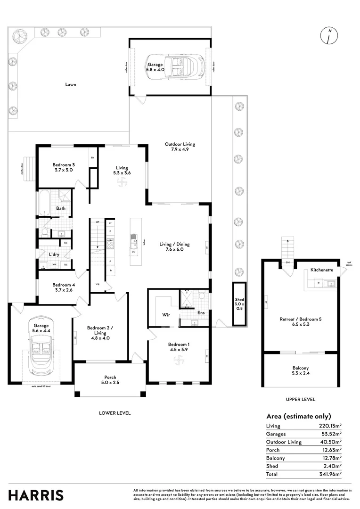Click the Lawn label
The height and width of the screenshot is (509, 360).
click(x=71, y=85)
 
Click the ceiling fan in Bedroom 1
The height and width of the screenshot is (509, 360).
click(x=179, y=361)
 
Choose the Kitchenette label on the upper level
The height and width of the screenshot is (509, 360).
click(x=322, y=270)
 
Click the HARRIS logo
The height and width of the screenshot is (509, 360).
click(x=36, y=495)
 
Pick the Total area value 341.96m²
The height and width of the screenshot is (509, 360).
click(x=330, y=474)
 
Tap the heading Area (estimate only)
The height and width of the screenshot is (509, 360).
click(x=299, y=416)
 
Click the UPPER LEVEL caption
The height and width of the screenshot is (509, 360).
click(x=300, y=399)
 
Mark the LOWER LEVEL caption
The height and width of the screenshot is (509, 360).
click(x=115, y=413)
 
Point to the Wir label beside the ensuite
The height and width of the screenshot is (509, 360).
click(x=166, y=314)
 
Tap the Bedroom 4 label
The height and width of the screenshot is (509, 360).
click(x=63, y=287)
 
